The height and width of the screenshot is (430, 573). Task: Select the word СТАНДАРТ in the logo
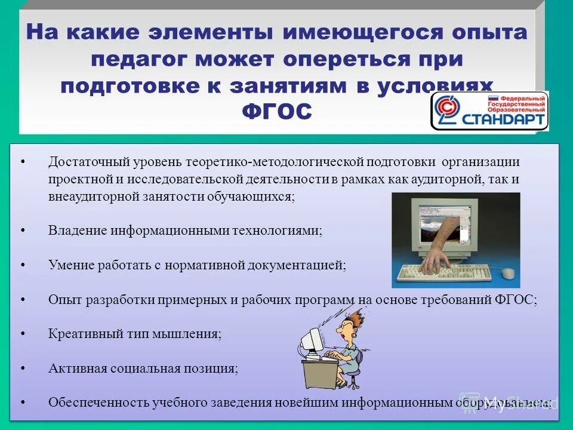click(505, 119)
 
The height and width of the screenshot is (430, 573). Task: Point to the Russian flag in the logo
click(493, 99)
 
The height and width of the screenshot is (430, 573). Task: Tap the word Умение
click(70, 265)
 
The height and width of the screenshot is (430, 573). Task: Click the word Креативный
click(81, 333)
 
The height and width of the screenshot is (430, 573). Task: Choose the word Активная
click(74, 368)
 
